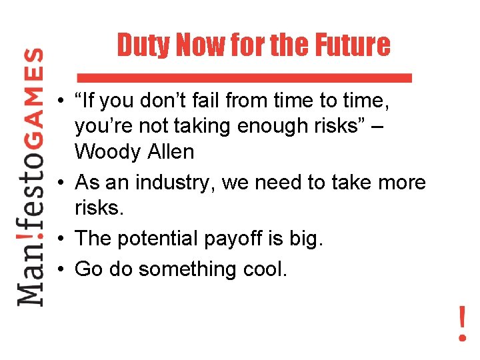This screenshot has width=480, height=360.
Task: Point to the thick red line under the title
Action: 244,77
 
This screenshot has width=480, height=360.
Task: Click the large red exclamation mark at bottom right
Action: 462,323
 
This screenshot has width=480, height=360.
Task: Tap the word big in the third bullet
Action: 309,239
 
